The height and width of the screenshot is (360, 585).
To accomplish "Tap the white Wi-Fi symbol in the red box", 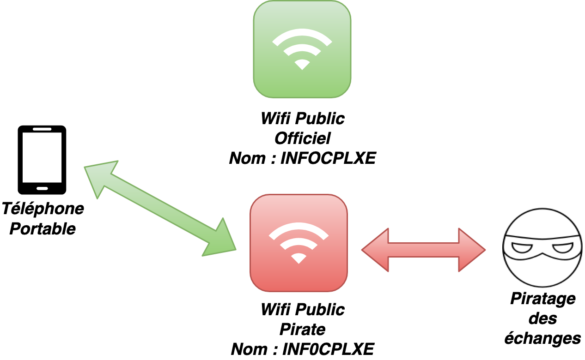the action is [298, 242].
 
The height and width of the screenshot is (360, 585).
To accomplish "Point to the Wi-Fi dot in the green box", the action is [302, 65].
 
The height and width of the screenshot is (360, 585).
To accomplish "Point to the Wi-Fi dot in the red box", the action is [298, 259].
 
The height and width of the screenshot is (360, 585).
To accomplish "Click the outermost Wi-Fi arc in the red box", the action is [298, 227].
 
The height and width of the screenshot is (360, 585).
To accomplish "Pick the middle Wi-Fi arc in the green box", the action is [302, 45].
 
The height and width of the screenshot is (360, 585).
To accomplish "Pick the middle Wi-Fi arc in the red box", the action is [298, 238].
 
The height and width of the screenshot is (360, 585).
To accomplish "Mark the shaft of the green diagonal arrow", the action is [161, 208].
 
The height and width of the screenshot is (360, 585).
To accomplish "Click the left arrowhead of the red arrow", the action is [375, 250].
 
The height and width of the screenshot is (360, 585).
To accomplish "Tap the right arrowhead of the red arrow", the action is [472, 250].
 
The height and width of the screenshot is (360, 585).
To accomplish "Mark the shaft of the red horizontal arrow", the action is [423, 250].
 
